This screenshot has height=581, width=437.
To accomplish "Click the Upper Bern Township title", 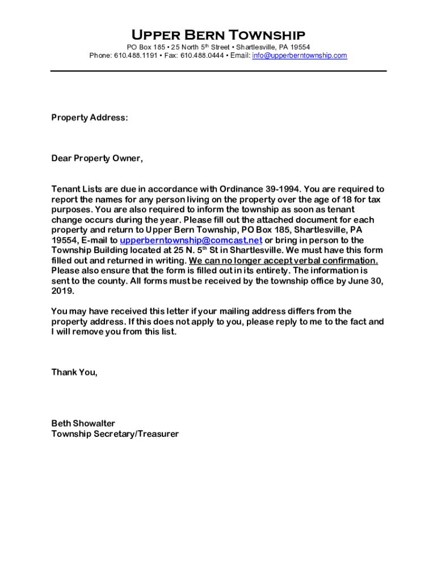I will pyautogui.click(x=218, y=35).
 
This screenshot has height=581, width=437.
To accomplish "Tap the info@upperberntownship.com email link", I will pyautogui.click(x=299, y=56).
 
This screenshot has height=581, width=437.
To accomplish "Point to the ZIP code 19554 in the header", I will pyautogui.click(x=300, y=47).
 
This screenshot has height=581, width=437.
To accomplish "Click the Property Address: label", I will pyautogui.click(x=90, y=117).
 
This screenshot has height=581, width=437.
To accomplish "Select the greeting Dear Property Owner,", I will pyautogui.click(x=97, y=158).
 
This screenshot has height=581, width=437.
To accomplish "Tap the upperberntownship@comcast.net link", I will pyautogui.click(x=191, y=240).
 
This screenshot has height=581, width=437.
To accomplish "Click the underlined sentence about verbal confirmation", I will pyautogui.click(x=283, y=260).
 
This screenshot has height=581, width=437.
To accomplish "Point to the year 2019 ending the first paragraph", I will pyautogui.click(x=62, y=291).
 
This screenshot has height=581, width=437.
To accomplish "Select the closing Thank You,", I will pyautogui.click(x=74, y=372).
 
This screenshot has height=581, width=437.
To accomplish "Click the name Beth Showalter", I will pyautogui.click(x=83, y=423).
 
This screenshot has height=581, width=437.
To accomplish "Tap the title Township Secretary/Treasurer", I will pyautogui.click(x=115, y=434).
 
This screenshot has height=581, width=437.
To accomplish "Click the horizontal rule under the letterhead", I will pyautogui.click(x=218, y=71).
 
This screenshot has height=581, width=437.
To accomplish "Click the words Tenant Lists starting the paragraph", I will pyautogui.click(x=76, y=189).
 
